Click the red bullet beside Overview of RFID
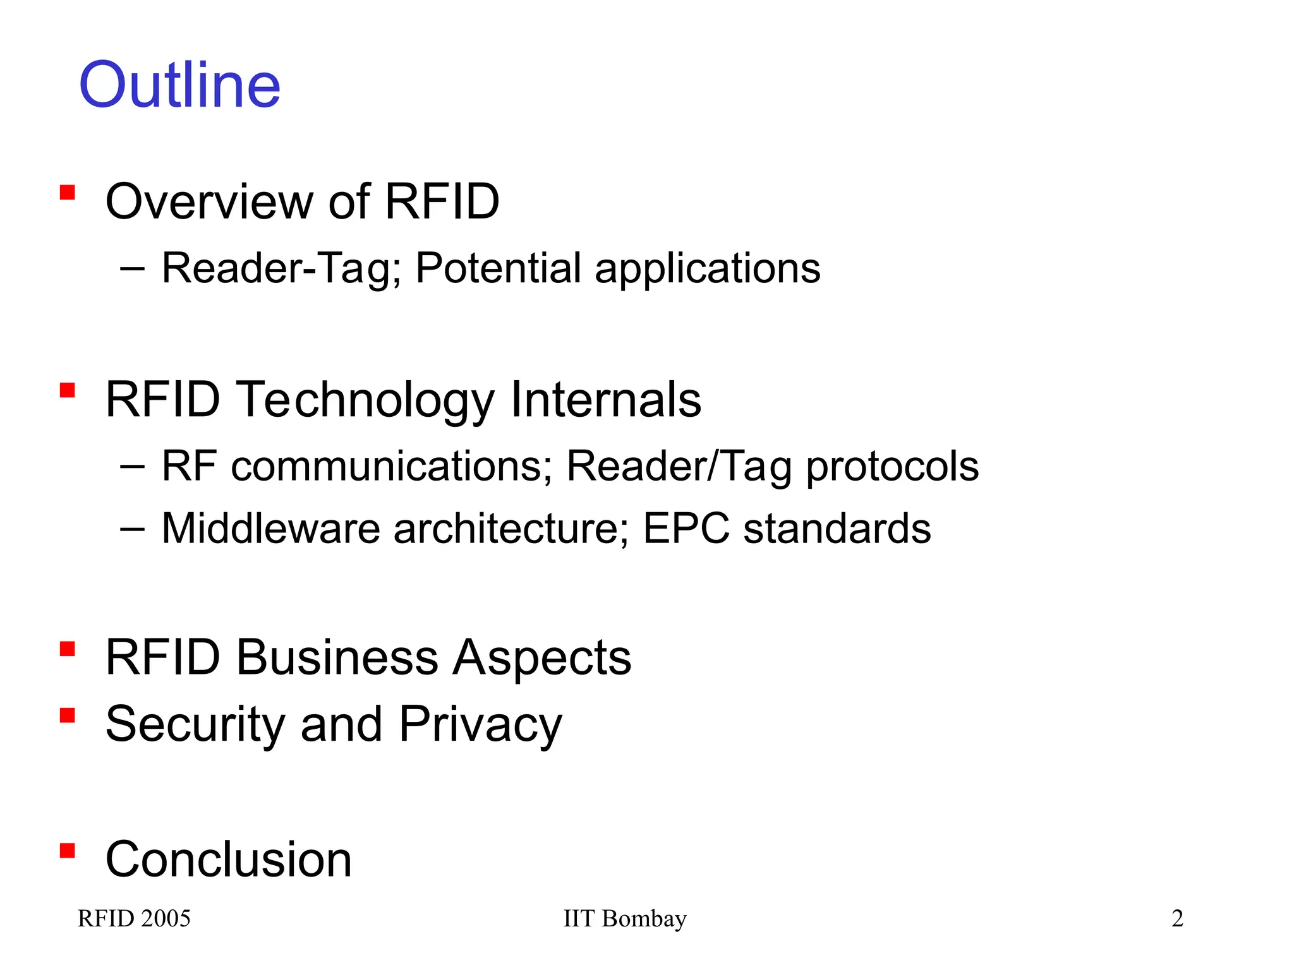tap(68, 192)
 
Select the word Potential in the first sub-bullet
tap(498, 268)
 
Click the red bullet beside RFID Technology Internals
tap(68, 390)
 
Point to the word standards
tap(837, 528)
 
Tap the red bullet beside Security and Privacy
tap(68, 715)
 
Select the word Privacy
tap(480, 724)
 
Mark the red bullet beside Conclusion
tap(68, 851)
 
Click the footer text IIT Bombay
tap(624, 918)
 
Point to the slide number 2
tap(1177, 918)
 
